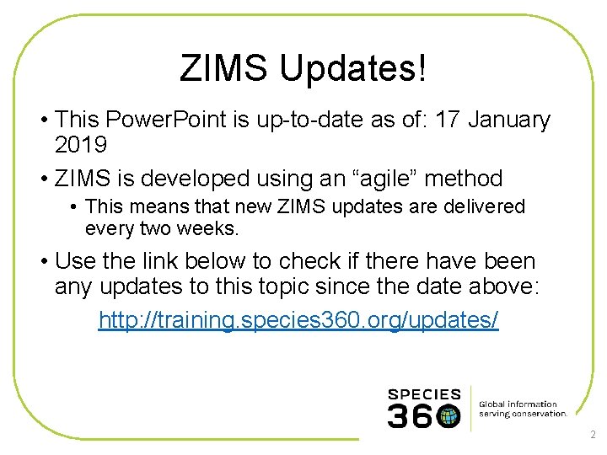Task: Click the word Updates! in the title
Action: pyautogui.click(x=353, y=68)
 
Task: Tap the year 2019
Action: pyautogui.click(x=81, y=145)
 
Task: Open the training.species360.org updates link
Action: pyautogui.click(x=298, y=320)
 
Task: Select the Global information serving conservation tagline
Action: pyautogui.click(x=523, y=409)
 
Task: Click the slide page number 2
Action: pyautogui.click(x=593, y=435)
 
